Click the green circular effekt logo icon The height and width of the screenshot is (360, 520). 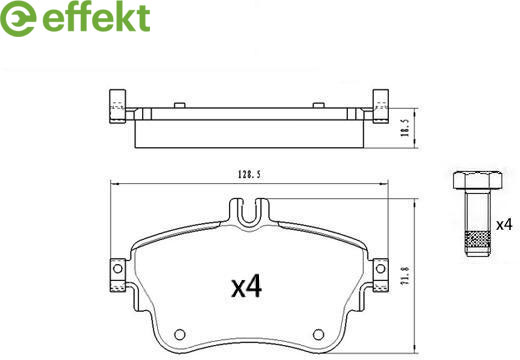tap(18, 18)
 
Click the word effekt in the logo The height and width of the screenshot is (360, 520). tap(96, 18)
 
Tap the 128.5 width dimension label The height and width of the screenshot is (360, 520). tap(249, 174)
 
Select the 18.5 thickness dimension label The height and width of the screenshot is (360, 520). tap(405, 128)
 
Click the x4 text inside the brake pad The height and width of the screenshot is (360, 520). tap(247, 286)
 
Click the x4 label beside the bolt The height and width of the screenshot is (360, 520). tap(504, 225)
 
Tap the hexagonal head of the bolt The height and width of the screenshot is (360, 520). tap(478, 180)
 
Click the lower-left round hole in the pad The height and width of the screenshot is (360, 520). tap(180, 334)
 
